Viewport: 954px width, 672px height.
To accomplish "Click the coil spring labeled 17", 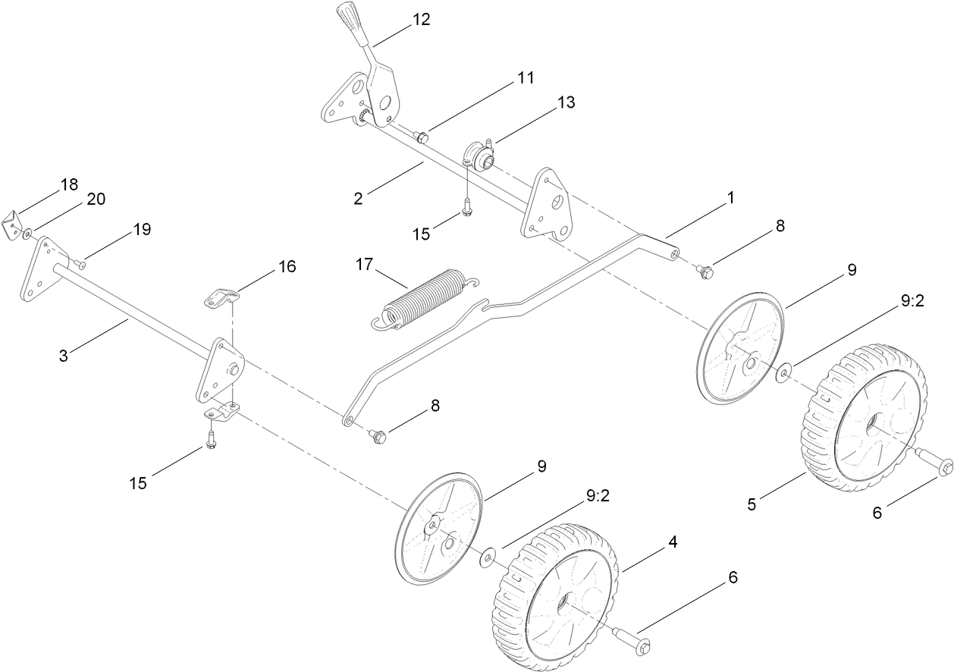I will (x=425, y=298).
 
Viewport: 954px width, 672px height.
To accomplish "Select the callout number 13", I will (x=566, y=102).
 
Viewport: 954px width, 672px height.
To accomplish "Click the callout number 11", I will (x=526, y=77).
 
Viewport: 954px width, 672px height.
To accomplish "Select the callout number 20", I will (x=96, y=199).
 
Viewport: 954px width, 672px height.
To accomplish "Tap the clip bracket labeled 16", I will (x=219, y=297).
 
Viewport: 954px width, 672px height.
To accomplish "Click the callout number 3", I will (x=64, y=354).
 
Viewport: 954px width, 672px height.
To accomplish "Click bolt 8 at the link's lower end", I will (x=377, y=435).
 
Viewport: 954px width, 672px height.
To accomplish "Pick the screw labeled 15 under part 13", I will (x=468, y=204).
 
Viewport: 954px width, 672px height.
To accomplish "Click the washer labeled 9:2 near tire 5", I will (x=784, y=371).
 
